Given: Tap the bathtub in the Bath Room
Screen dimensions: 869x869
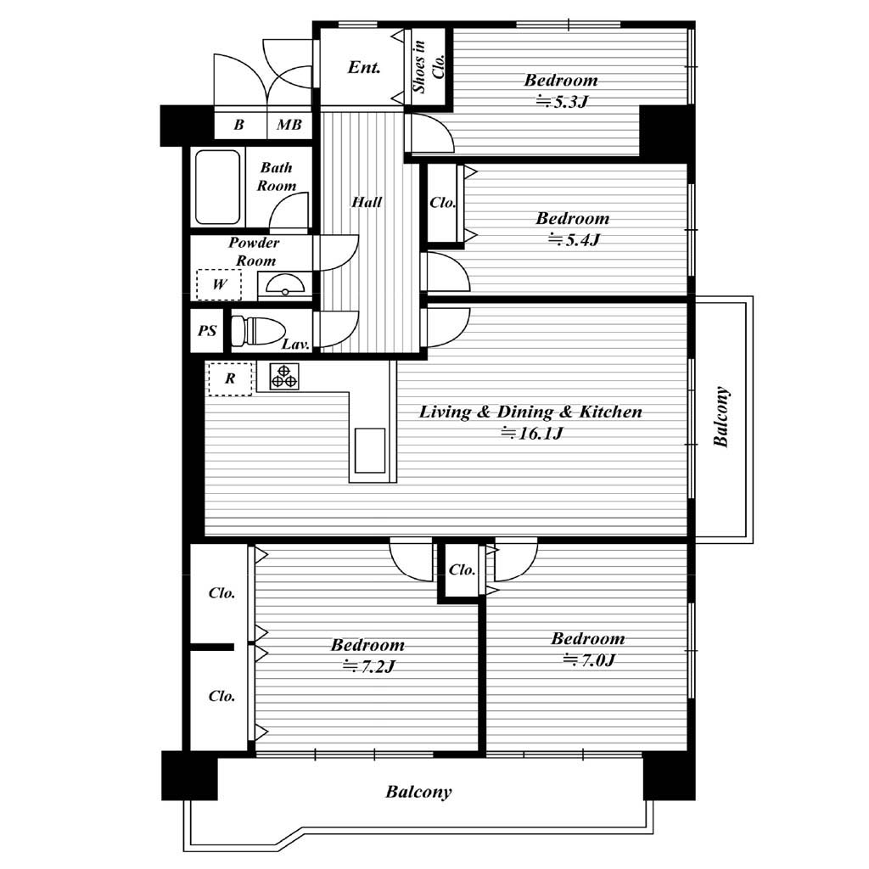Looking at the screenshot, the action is click(218, 187).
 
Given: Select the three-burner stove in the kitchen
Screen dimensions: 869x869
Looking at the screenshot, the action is click(284, 376).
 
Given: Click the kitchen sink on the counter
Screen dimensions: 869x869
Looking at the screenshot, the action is click(370, 450).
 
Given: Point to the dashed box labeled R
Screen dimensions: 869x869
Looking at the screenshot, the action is click(230, 378).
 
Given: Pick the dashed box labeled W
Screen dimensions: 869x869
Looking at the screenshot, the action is click(219, 285).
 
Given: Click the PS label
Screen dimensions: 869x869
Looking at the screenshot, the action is click(207, 331).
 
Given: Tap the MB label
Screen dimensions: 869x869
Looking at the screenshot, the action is click(289, 124).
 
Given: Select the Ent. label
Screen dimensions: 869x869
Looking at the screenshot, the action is click(364, 68).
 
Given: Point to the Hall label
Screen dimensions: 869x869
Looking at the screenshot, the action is click(367, 202).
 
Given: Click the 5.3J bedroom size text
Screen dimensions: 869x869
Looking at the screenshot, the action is click(562, 102).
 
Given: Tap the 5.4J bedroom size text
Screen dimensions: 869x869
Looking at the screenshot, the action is click(575, 240).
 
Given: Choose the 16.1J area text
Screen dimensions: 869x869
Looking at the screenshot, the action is click(533, 433).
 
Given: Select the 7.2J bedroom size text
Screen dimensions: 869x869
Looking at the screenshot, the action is click(369, 666).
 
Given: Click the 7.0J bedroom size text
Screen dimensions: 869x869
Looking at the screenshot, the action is click(589, 660).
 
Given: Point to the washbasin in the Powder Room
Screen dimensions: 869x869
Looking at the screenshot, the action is click(285, 283).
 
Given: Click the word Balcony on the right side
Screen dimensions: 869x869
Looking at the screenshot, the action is click(720, 416).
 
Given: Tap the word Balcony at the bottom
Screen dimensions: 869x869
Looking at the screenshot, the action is click(418, 792).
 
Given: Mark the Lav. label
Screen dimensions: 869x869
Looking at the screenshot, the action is click(295, 345).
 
